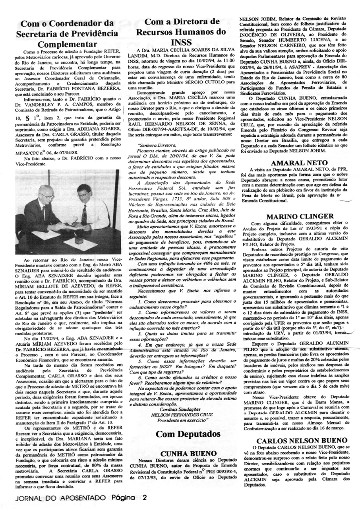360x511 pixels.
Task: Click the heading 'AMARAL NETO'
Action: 300,163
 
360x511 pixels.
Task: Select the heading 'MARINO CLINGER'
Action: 300,217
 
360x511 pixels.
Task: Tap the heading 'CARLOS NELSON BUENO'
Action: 300,441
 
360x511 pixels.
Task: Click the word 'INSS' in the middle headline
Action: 182,43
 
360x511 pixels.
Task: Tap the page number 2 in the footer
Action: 145,497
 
